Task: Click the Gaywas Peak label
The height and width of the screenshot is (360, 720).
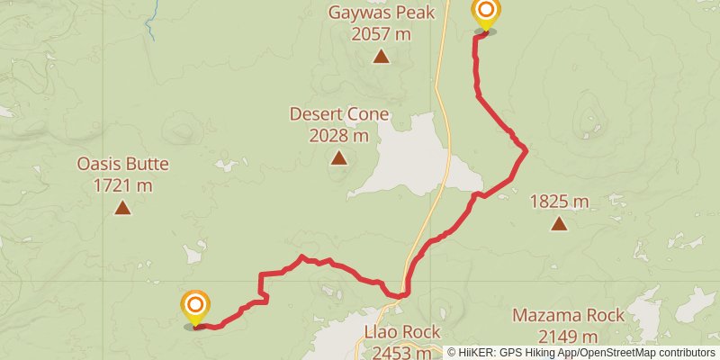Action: [x=381, y=13]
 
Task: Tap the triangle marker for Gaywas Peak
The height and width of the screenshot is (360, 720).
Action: [x=381, y=58]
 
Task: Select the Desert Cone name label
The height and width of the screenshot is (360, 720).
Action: [x=338, y=114]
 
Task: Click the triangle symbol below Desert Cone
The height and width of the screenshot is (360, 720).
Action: [x=338, y=158]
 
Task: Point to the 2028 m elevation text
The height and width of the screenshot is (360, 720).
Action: [x=338, y=136]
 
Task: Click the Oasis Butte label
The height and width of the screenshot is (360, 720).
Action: [x=122, y=165]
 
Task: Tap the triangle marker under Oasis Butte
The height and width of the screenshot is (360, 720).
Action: [x=122, y=209]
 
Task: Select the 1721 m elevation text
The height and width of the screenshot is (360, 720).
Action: [x=122, y=186]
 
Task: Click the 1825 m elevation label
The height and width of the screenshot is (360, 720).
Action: [x=559, y=202]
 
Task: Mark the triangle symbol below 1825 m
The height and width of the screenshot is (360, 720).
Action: [x=559, y=224]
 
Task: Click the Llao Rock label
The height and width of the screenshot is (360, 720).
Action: [x=401, y=332]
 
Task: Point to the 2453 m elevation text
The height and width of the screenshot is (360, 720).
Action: [x=401, y=352]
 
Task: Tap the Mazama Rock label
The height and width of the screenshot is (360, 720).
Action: [x=568, y=316]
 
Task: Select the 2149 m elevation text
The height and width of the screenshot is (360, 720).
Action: [x=568, y=337]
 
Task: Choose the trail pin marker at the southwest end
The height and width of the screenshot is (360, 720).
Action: [x=194, y=306]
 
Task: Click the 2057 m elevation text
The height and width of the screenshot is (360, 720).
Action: [x=381, y=34]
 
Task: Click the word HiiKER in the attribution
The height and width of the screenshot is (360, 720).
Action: [x=480, y=353]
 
